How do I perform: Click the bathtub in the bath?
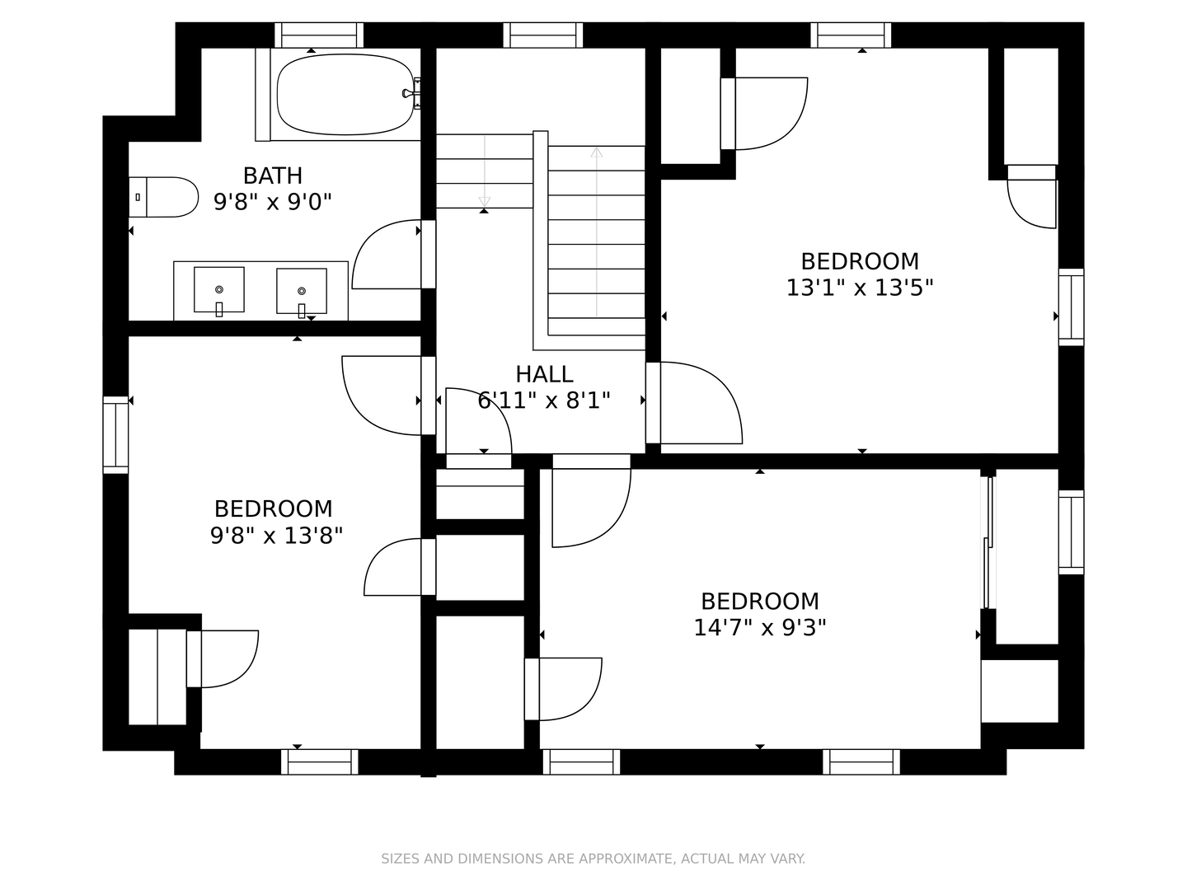pyautogui.click(x=345, y=94)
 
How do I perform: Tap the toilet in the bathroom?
pyautogui.click(x=163, y=197)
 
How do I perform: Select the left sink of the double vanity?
pyautogui.click(x=219, y=290)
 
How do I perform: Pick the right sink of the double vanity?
pyautogui.click(x=301, y=292)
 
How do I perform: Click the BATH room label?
pyautogui.click(x=273, y=176)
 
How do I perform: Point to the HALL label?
pyautogui.click(x=544, y=374)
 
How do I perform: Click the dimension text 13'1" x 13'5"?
pyautogui.click(x=859, y=288)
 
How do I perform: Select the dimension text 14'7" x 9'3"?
pyautogui.click(x=760, y=627)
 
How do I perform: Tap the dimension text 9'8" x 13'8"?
pyautogui.click(x=276, y=535)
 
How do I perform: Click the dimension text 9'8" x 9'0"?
pyautogui.click(x=273, y=202)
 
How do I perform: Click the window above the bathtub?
pyautogui.click(x=319, y=35)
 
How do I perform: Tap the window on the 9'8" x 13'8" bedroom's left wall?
pyautogui.click(x=115, y=435)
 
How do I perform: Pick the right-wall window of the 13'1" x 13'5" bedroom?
pyautogui.click(x=1072, y=307)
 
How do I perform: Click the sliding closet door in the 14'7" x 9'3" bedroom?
pyautogui.click(x=989, y=542)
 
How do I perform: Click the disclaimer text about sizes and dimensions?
pyautogui.click(x=593, y=859)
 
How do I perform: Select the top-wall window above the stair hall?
pyautogui.click(x=543, y=35)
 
